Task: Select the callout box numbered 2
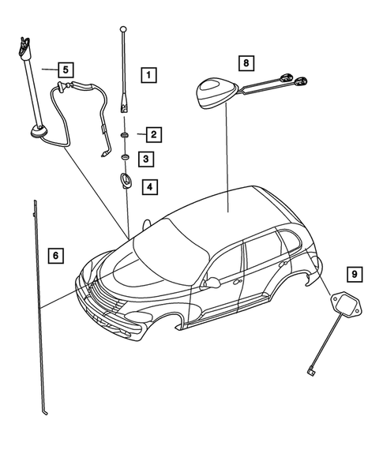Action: [152, 134]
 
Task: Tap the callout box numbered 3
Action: [148, 160]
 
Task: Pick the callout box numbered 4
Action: [150, 187]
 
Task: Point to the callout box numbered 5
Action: [66, 69]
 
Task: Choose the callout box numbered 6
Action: [54, 255]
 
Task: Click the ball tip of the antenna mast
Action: [123, 29]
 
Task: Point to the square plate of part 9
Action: [344, 304]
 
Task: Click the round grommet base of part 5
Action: [36, 132]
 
